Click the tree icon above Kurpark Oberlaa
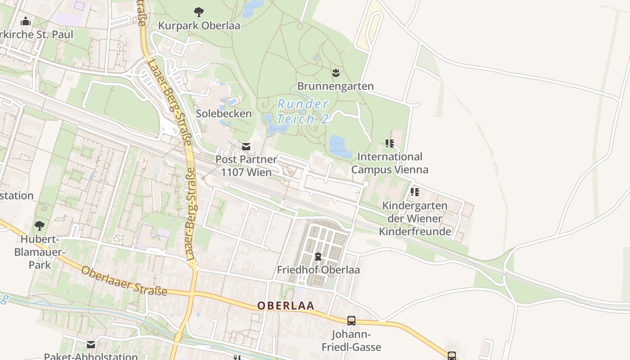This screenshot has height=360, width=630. [198, 12]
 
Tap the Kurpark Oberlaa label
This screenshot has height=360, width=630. [199, 26]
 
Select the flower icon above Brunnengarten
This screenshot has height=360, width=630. [335, 72]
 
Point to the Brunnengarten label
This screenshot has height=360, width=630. [335, 86]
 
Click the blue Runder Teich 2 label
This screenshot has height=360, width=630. [302, 112]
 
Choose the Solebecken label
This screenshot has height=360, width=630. [224, 113]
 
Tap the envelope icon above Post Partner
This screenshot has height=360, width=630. [246, 146]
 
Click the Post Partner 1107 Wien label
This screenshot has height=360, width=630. [246, 166]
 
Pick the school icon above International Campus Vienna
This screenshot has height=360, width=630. [390, 144]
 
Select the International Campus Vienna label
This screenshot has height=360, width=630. [390, 163]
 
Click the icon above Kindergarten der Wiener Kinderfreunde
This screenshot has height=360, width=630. [415, 192]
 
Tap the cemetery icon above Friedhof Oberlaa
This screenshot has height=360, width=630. [318, 256]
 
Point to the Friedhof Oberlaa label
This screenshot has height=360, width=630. [318, 270]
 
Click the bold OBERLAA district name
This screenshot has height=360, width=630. [286, 306]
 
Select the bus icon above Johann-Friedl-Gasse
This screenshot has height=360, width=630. [351, 321]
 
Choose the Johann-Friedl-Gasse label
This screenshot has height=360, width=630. [351, 341]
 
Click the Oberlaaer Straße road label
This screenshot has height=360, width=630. [124, 281]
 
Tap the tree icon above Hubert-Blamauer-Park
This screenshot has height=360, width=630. [40, 225]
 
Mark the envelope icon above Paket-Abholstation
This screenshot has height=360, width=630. [91, 345]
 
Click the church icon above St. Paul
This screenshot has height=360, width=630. [26, 21]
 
